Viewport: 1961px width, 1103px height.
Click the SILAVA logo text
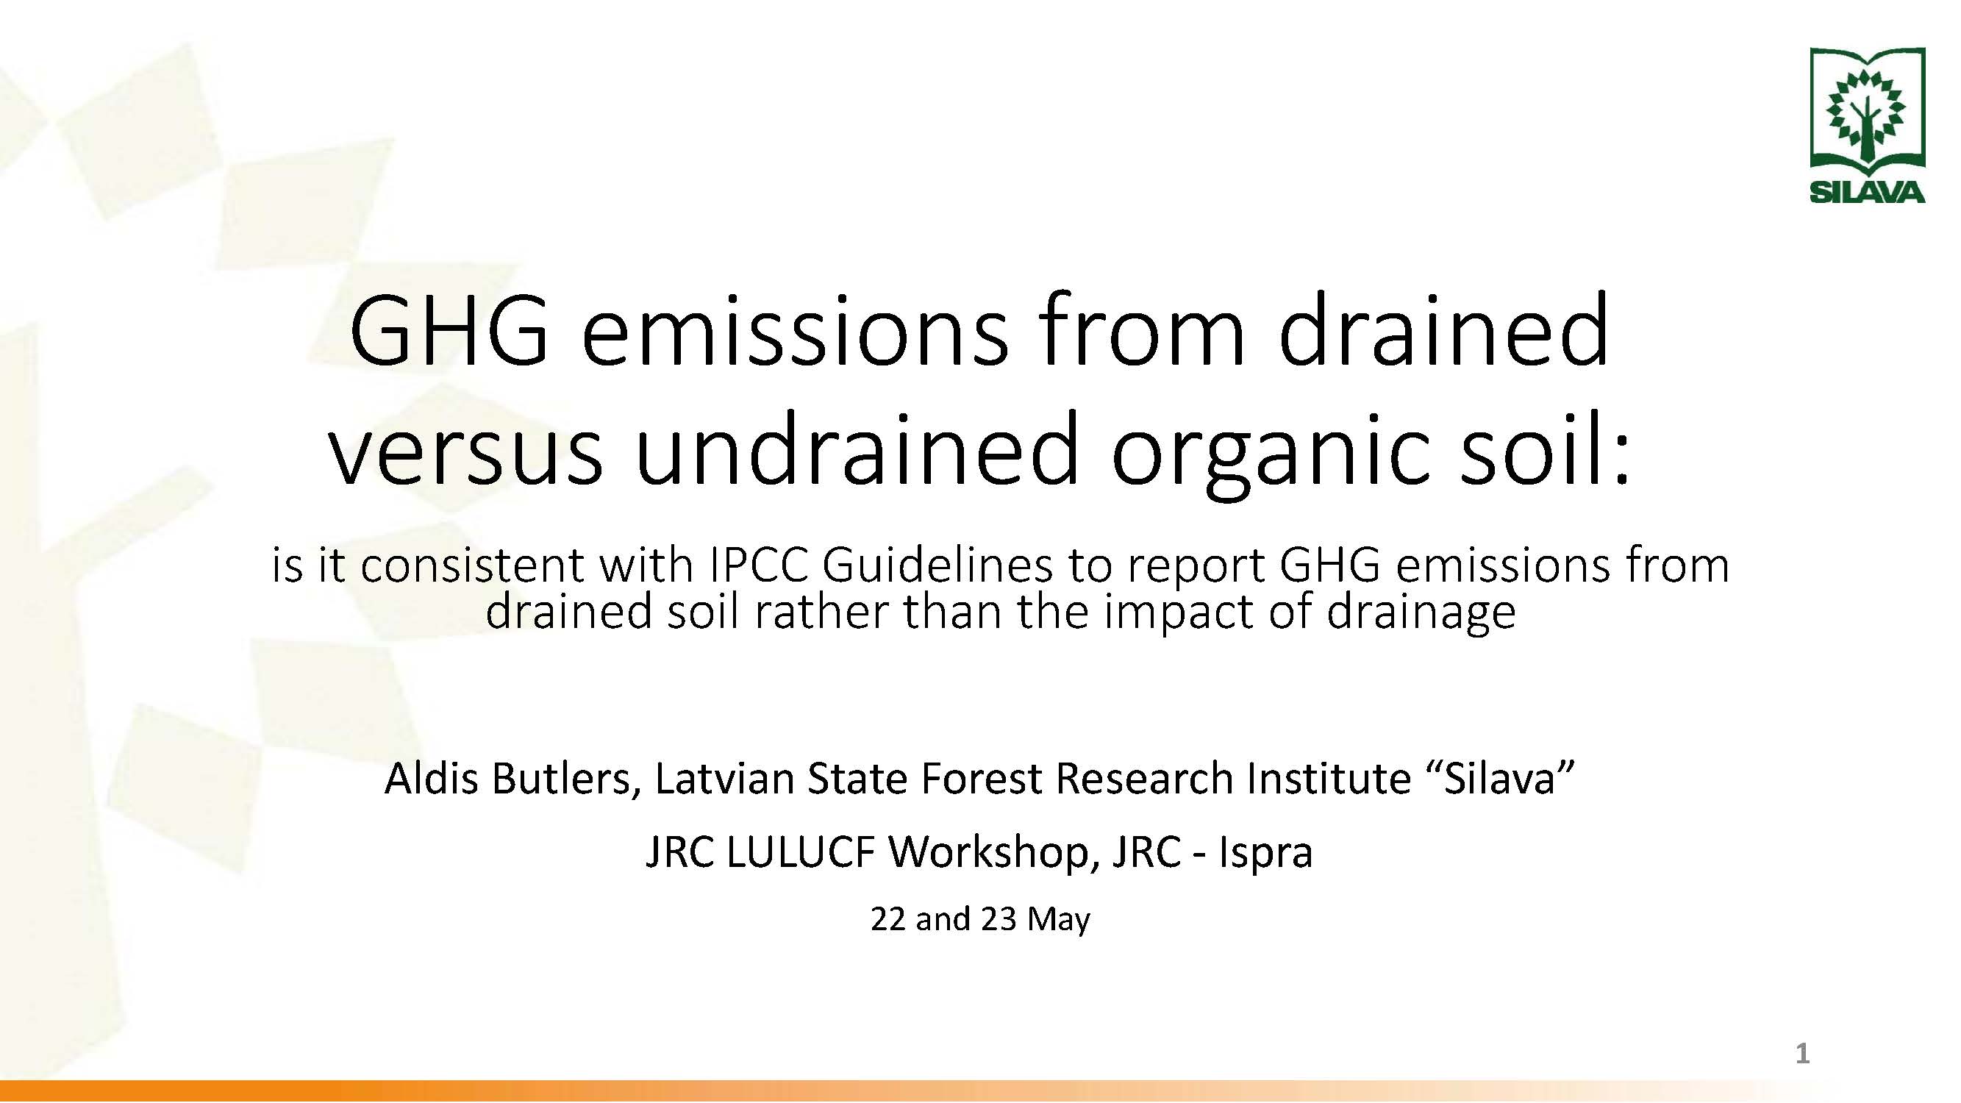click(1867, 193)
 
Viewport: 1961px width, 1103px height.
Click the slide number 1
click(1802, 1054)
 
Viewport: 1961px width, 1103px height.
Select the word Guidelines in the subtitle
click(936, 565)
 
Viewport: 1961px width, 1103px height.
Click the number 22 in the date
click(887, 918)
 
